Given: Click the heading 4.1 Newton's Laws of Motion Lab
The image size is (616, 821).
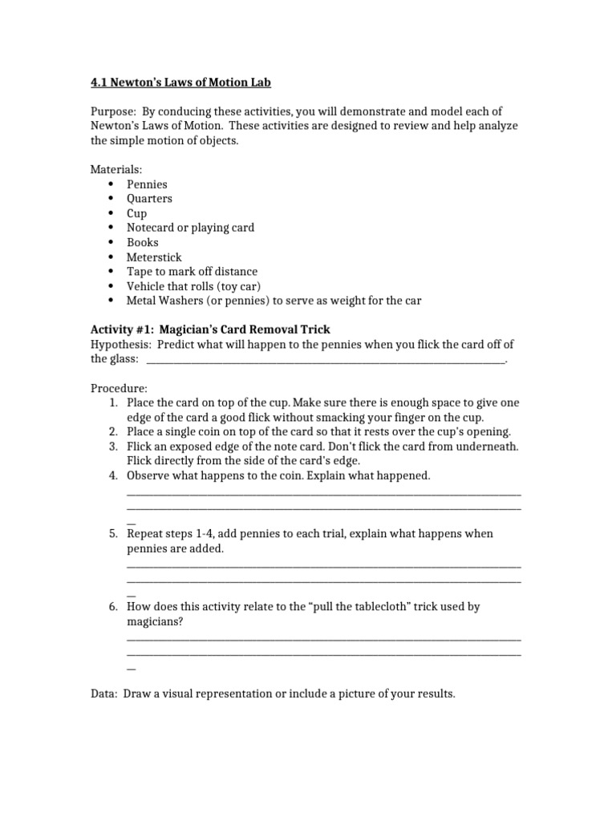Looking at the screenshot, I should coord(185,82).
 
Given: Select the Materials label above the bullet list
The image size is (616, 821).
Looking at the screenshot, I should coord(115,169).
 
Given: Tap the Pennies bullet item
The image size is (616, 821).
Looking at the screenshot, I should coord(147,184).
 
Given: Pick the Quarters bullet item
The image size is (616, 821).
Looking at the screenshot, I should coord(149,199).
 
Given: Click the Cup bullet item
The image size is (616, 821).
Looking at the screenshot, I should coord(136,213).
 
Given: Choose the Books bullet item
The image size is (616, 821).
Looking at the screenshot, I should coord(143,242).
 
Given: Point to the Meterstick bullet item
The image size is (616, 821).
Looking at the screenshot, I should coord(154,257).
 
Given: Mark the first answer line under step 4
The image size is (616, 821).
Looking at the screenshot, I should coord(323,492).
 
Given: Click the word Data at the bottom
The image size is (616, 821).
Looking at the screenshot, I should coord(103,694).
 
